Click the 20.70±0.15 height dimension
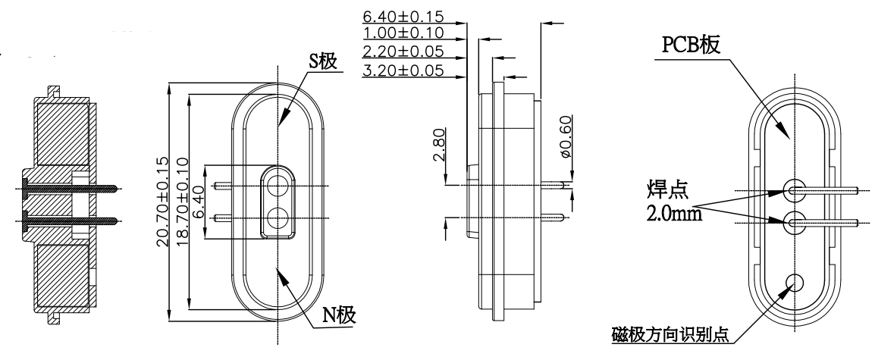click(161, 203)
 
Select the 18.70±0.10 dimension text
click(181, 203)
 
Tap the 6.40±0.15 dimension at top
click(403, 16)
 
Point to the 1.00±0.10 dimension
click(403, 34)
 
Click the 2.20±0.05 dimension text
click(403, 52)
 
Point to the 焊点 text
click(662, 188)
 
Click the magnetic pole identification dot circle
click(794, 282)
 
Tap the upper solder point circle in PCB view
click(795, 188)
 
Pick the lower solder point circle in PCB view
click(795, 222)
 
